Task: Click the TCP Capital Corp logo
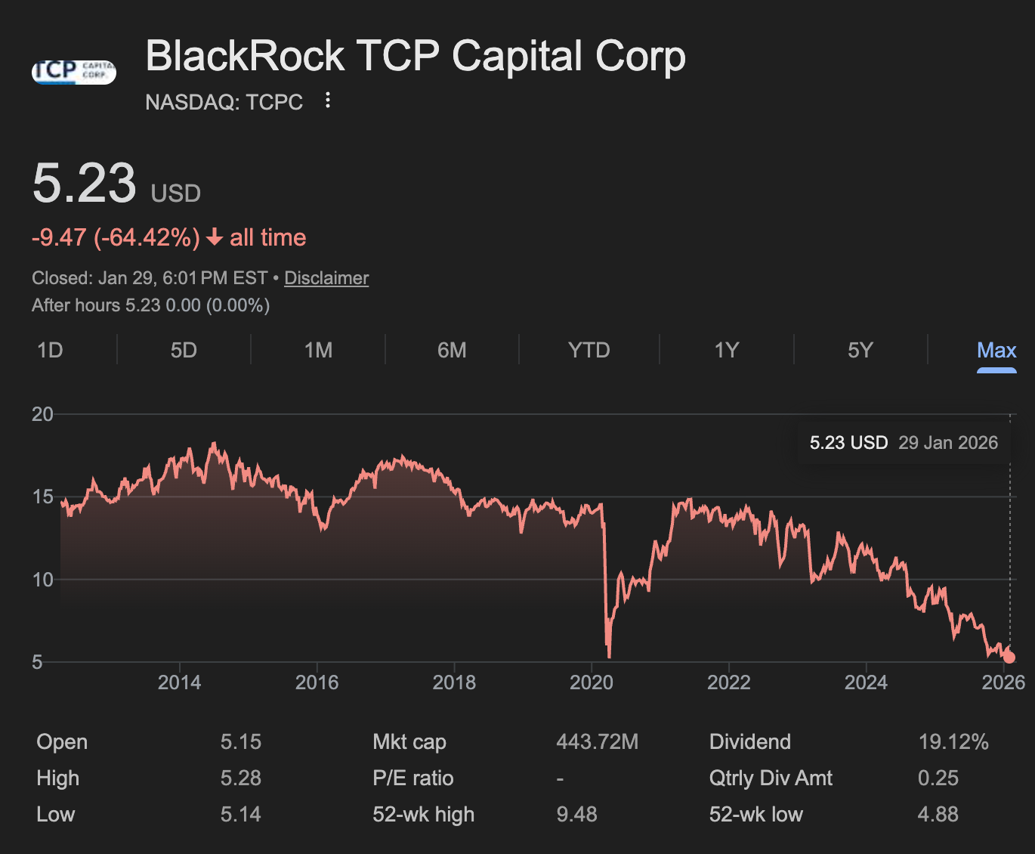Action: click(74, 72)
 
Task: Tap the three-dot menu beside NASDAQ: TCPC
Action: click(327, 101)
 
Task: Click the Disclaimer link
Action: click(326, 278)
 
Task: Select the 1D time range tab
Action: click(50, 351)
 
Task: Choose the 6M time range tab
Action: click(452, 351)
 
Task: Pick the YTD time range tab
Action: click(589, 351)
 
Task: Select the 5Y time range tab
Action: click(860, 351)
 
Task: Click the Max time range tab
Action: click(996, 351)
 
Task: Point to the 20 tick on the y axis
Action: click(42, 414)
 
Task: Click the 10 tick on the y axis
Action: click(42, 580)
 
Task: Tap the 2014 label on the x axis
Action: click(179, 682)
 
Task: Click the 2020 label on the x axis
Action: click(592, 682)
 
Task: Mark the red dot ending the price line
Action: click(1009, 658)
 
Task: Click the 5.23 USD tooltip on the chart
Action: click(904, 443)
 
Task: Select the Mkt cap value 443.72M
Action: click(597, 742)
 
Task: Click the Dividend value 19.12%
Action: click(953, 742)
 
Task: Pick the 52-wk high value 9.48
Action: click(576, 815)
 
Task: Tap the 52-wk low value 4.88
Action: click(938, 815)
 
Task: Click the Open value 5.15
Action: click(241, 742)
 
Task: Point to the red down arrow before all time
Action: click(215, 238)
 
